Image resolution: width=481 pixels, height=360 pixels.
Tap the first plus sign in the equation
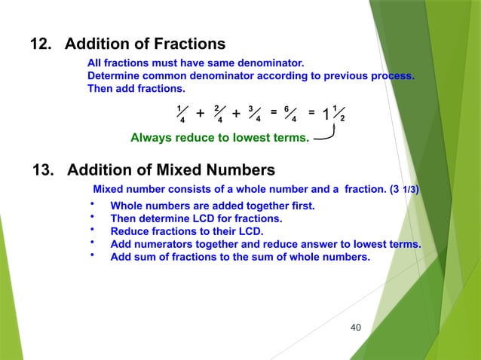(200, 114)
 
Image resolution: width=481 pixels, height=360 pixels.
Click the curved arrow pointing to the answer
(326, 136)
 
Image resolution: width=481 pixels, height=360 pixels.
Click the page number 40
(357, 326)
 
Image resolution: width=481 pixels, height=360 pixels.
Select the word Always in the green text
(150, 138)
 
